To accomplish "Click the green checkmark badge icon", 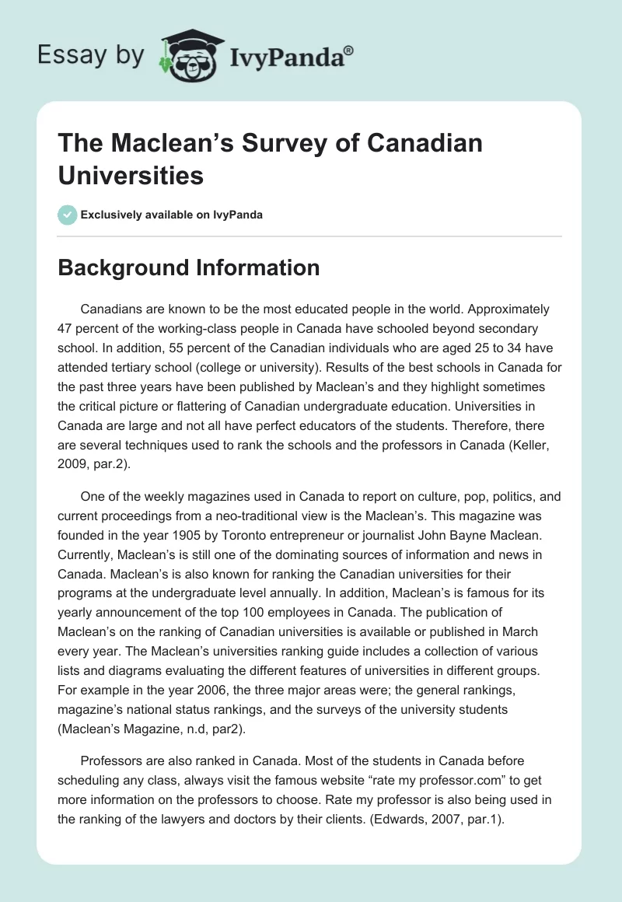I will [x=67, y=215].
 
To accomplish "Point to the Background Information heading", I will [x=190, y=268].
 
